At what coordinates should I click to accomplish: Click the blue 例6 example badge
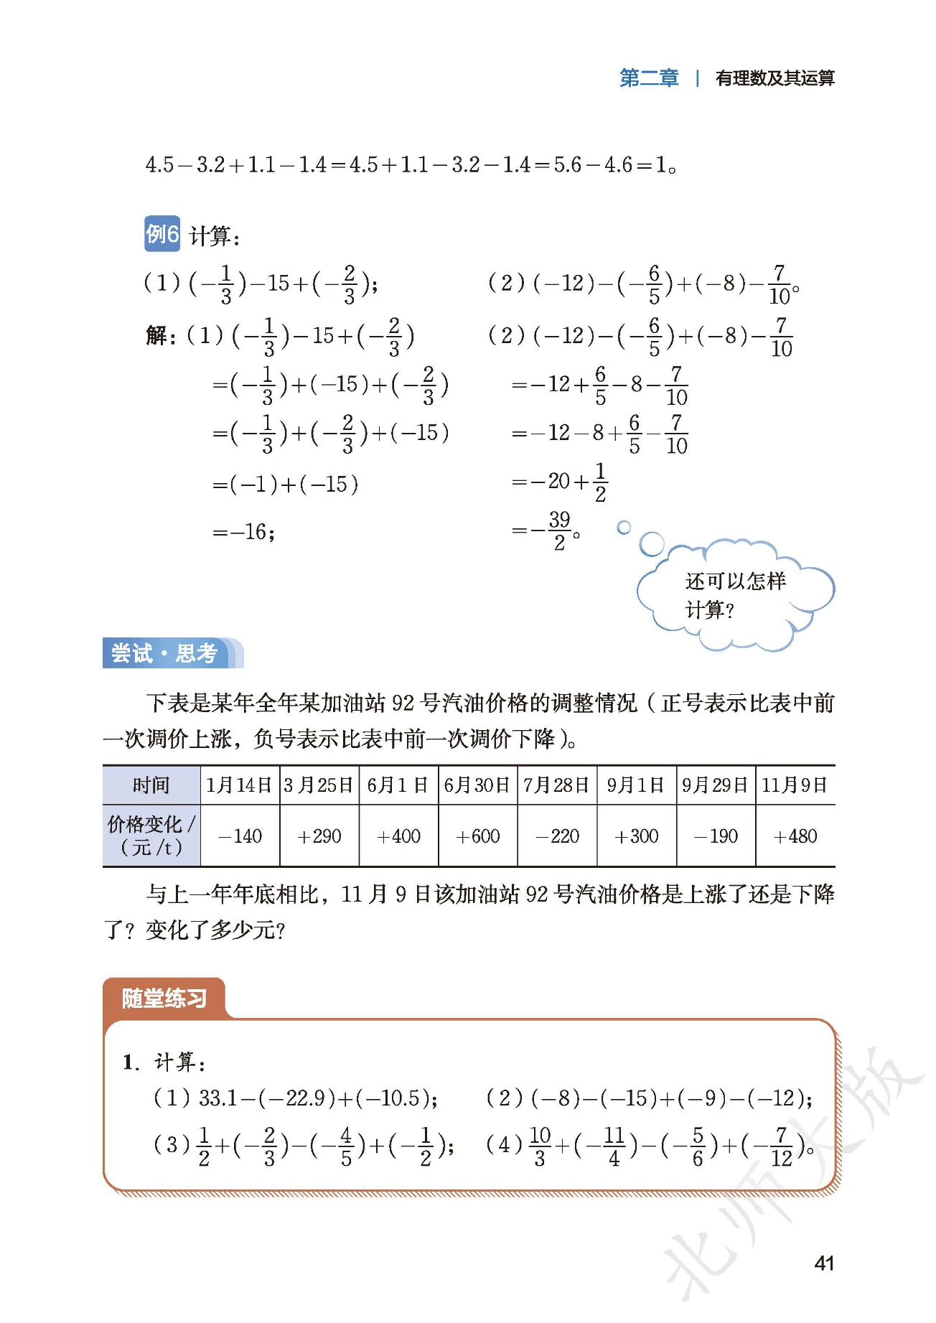[162, 233]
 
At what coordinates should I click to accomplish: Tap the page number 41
[824, 1263]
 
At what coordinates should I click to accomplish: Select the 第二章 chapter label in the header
[648, 78]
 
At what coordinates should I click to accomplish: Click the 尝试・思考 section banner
[165, 653]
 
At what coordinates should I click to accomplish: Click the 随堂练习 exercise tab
[164, 998]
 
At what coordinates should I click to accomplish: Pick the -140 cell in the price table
[240, 836]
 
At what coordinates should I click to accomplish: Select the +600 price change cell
[478, 836]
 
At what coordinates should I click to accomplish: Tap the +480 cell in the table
[795, 836]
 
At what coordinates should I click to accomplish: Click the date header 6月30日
[477, 785]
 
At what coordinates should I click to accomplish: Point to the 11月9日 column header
[795, 785]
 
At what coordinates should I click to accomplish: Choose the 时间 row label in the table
[151, 785]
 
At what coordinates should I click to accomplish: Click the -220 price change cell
[557, 836]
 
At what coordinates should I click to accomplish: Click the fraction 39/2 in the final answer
[559, 531]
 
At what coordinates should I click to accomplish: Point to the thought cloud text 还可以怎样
[735, 581]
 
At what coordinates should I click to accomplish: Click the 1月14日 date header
[239, 785]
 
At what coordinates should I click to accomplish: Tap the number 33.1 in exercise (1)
[218, 1098]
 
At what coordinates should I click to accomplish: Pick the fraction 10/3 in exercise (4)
[540, 1146]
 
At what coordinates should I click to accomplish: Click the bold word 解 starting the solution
[156, 335]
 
